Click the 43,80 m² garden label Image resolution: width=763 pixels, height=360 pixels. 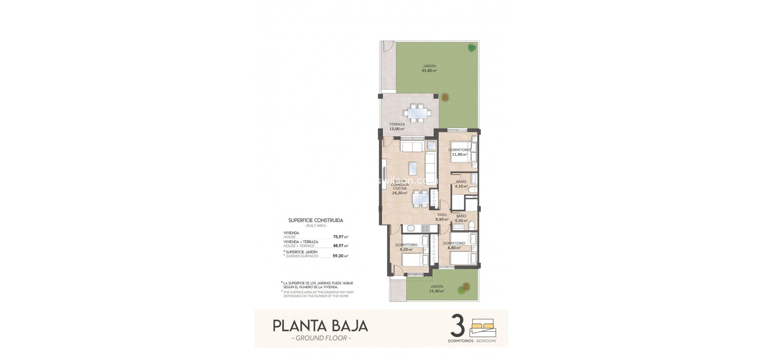point(429,68)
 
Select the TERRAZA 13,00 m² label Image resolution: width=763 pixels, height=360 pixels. point(397,127)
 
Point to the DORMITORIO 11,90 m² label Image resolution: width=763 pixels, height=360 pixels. point(459,152)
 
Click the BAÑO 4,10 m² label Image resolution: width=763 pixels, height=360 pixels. point(461,184)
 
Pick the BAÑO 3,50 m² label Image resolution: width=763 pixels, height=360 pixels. point(461,218)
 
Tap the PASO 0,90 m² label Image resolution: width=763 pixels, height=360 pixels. point(441,217)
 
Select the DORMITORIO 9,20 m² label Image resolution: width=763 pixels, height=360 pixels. point(406,247)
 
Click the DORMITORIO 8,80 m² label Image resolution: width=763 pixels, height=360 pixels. point(454,245)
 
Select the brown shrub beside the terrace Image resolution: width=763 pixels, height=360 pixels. point(446,97)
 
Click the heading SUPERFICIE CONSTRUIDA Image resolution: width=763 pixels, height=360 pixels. point(316,220)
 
